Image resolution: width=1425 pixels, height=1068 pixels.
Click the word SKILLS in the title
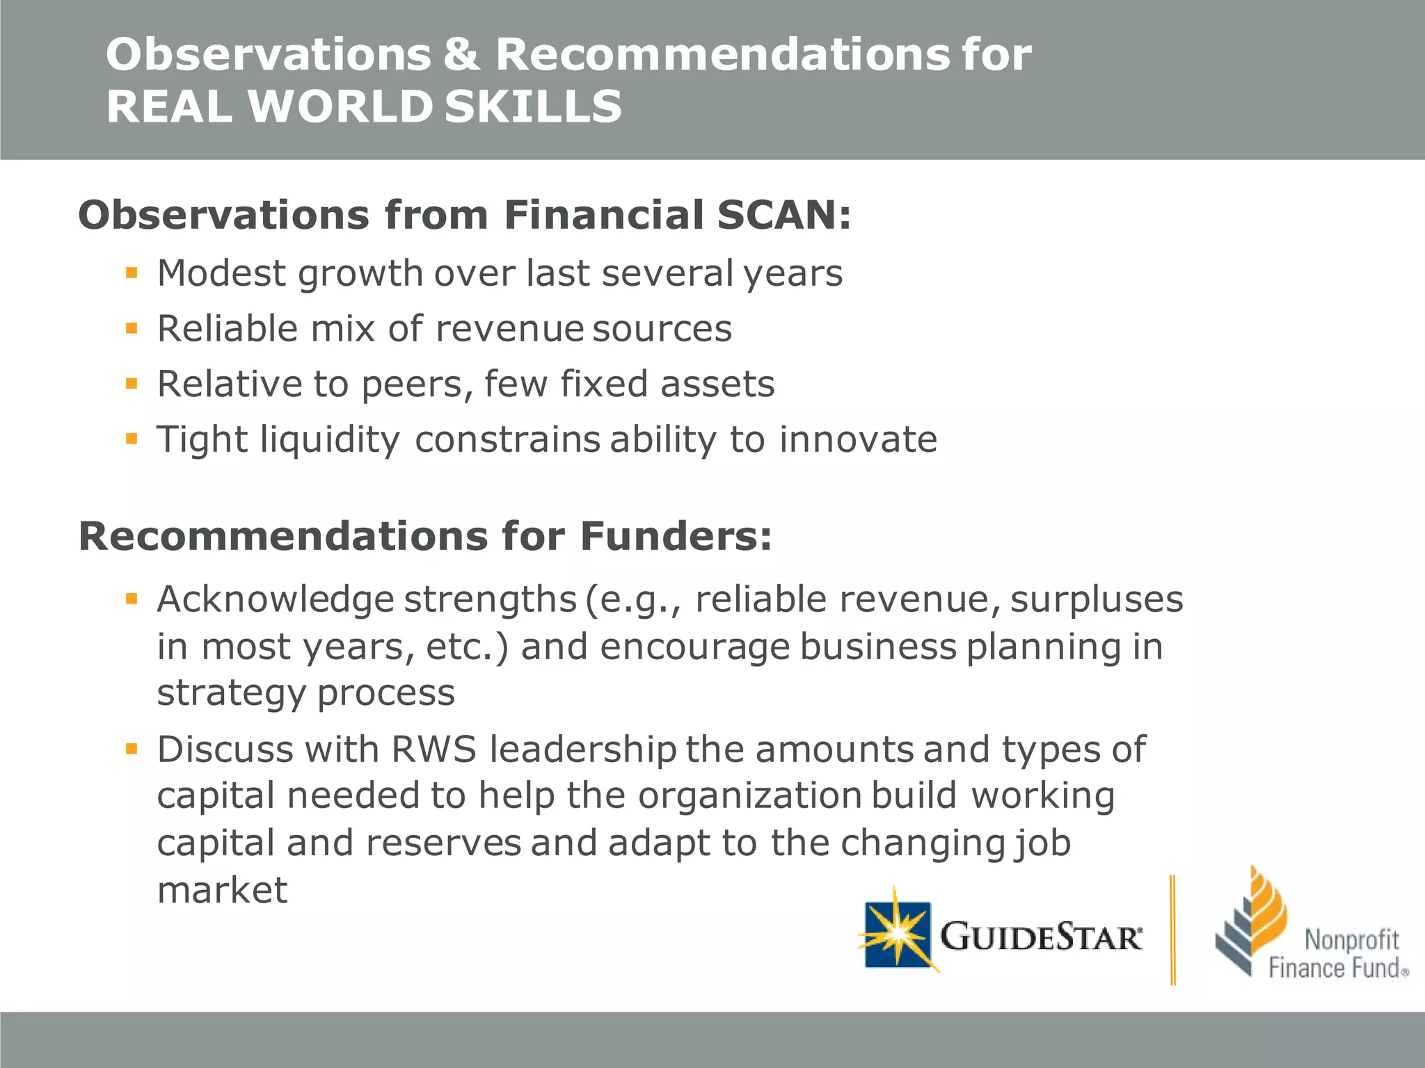pos(533,107)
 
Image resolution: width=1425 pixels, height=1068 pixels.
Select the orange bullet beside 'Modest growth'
pos(132,272)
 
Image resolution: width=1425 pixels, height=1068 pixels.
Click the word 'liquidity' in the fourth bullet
pos(330,440)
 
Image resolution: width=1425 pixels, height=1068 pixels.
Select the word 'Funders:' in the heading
pos(676,536)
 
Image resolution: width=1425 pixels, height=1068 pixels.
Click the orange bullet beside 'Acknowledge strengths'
pos(132,598)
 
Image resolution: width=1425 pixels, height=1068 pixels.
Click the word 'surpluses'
pos(1096,599)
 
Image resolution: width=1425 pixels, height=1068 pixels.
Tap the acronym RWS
pos(433,750)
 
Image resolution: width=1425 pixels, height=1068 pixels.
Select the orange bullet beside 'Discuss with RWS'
pos(132,749)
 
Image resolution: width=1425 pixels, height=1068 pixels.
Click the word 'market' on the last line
pos(222,890)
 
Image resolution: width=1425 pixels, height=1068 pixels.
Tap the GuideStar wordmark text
pos(1040,937)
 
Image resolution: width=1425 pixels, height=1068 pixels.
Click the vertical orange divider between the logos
pos(1172,930)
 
